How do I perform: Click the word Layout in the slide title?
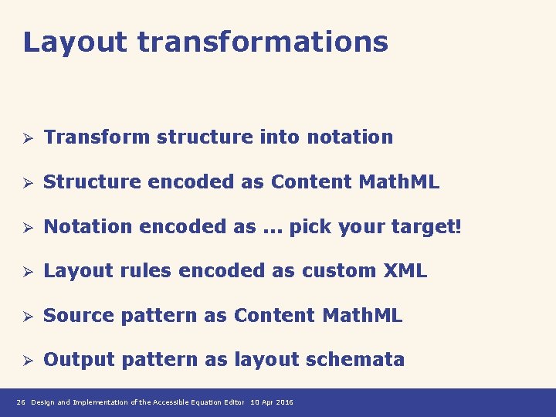tap(75, 42)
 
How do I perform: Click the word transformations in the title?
tap(263, 42)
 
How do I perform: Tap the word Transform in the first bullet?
tap(97, 137)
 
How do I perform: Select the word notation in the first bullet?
tap(350, 137)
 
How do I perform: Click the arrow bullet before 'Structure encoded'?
tap(25, 183)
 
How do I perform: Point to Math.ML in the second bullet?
tap(399, 182)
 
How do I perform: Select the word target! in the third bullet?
tap(426, 227)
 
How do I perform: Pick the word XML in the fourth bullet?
tap(405, 271)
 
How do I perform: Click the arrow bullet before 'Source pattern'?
tap(25, 317)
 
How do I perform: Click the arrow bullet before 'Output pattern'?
tap(25, 361)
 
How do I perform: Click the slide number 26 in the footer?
tap(21, 402)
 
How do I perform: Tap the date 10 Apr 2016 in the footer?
tap(272, 402)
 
